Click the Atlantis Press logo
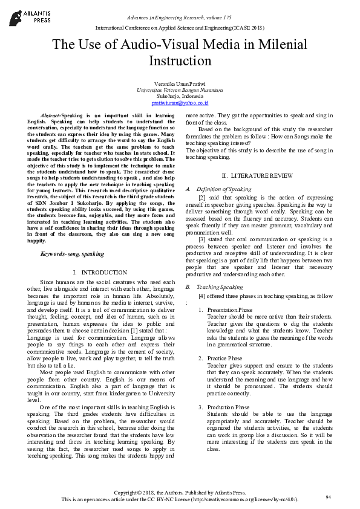(28, 15)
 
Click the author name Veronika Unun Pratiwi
(180, 83)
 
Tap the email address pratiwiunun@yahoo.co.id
(180, 103)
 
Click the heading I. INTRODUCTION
(99, 273)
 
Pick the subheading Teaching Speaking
(220, 287)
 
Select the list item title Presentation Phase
(228, 310)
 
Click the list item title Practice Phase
(224, 358)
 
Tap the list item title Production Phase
(227, 407)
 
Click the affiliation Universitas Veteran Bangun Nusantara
(180, 90)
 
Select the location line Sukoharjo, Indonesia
(180, 97)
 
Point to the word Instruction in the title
(180, 62)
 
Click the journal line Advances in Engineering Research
(179, 18)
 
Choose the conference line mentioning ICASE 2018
(180, 28)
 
